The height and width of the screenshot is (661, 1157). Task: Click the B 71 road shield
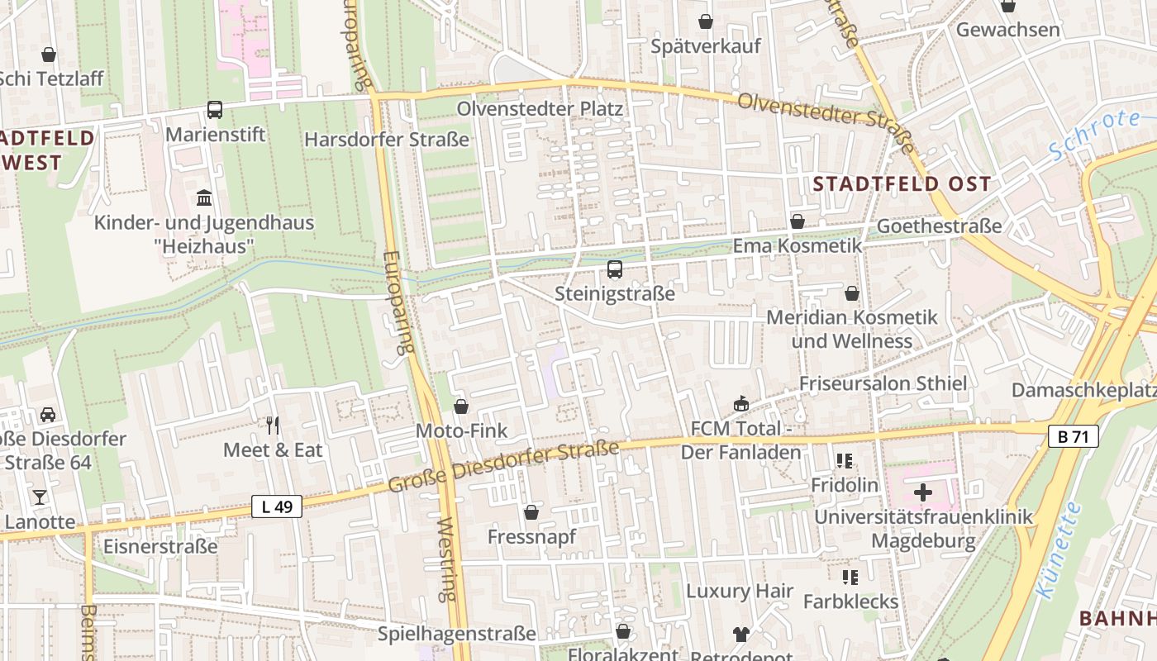(1073, 436)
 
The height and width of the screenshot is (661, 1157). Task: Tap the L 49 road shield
(276, 506)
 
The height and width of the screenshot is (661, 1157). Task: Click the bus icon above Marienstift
(214, 109)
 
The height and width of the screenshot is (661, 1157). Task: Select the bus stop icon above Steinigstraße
(614, 269)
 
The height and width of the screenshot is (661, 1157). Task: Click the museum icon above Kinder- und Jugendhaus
(204, 197)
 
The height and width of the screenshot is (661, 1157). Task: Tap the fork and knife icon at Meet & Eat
(273, 425)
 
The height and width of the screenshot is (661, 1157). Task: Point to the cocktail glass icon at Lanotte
(39, 497)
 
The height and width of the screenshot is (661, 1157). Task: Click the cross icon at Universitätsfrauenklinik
(923, 492)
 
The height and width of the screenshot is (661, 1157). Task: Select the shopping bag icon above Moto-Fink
(461, 406)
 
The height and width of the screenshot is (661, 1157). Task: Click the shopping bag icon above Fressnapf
(531, 512)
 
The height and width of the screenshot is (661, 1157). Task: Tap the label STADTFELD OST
(902, 183)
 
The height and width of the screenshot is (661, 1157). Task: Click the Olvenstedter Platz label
(540, 108)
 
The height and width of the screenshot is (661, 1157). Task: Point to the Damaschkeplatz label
(1083, 389)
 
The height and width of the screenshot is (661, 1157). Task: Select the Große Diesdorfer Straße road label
(503, 467)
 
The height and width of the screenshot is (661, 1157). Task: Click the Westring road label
(446, 559)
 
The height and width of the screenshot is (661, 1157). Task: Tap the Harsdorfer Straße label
(387, 139)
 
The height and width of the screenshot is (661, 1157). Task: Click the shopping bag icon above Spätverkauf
(705, 21)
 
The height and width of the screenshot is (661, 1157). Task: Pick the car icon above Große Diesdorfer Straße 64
(48, 414)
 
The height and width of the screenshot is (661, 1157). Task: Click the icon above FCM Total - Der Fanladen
(740, 403)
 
